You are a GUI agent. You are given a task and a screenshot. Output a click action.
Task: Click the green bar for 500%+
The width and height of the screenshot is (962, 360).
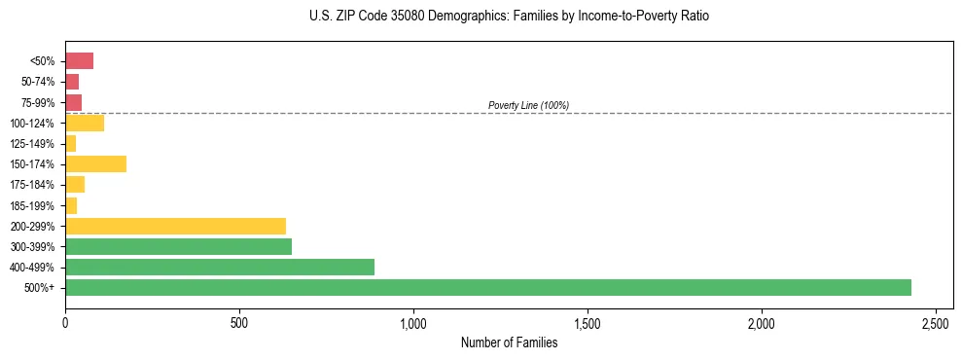[x=486, y=287]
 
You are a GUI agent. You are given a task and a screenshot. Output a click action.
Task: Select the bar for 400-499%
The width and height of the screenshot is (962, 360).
[x=220, y=267]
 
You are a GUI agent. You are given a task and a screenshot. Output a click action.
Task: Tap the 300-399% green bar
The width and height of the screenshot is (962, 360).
[x=178, y=246]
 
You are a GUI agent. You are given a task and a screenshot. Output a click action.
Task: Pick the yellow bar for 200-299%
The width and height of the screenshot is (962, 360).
[x=175, y=226]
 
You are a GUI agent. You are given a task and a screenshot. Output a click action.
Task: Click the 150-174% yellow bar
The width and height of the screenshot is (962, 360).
[x=95, y=163]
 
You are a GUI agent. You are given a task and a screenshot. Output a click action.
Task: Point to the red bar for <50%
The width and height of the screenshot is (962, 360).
[x=79, y=61]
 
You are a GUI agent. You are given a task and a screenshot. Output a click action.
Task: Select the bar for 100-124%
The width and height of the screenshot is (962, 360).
[x=85, y=123]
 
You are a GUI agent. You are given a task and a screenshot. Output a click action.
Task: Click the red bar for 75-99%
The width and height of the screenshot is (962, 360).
[x=73, y=102]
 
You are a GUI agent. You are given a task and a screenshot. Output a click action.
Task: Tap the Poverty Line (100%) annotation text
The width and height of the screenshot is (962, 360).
[x=528, y=105]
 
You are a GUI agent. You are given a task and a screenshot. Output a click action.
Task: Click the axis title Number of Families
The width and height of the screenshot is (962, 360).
[x=509, y=342]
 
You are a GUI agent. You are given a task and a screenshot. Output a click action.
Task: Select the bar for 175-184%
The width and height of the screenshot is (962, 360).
[x=75, y=184]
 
